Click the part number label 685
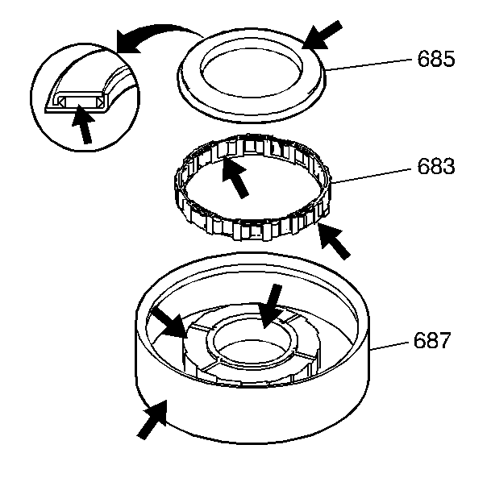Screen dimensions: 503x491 pos(435,59)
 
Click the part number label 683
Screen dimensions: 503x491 pos(435,167)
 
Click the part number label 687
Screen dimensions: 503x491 pos(432,341)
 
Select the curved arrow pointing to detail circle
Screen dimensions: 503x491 pos(153,36)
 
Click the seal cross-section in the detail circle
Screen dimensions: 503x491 pos(77,100)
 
